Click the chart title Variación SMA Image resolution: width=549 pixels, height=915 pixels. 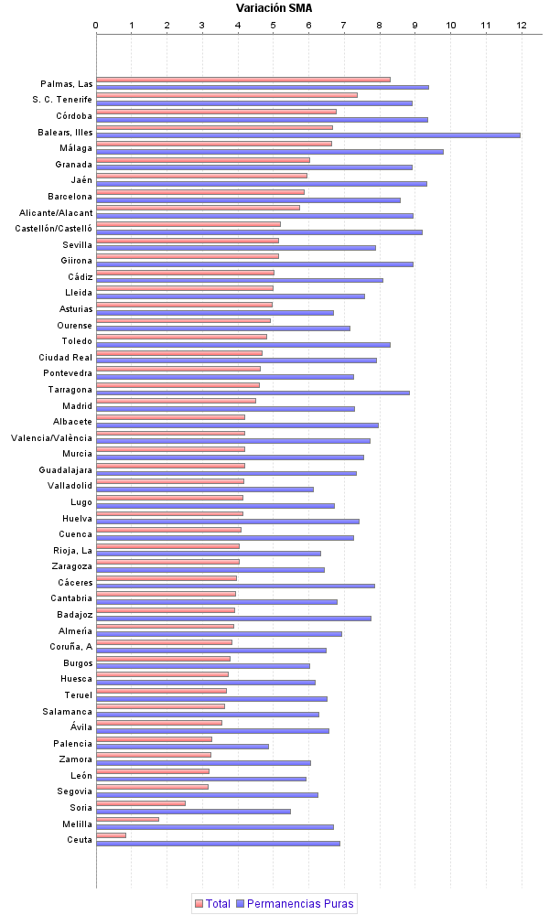274,8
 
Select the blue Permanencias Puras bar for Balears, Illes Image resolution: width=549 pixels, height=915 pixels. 307,135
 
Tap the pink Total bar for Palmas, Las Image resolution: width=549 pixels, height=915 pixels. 242,80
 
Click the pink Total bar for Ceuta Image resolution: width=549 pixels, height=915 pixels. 111,834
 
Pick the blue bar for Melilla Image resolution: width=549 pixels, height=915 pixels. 214,826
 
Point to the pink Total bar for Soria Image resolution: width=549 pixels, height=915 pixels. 140,802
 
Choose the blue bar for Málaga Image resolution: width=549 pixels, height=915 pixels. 269,151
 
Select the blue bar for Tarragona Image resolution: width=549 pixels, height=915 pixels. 253,393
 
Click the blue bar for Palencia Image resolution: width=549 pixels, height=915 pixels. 182,746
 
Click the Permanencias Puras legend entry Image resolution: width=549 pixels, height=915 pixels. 295,903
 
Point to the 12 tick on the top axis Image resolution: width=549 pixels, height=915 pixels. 522,25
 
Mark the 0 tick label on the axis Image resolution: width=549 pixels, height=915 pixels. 96,25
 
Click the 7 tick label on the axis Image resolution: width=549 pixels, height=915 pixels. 344,25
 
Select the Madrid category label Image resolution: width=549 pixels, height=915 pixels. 77,405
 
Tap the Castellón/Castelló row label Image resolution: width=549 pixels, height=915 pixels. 54,228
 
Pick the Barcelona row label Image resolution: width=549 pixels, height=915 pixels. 70,196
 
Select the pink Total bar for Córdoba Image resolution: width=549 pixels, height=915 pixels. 216,112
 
